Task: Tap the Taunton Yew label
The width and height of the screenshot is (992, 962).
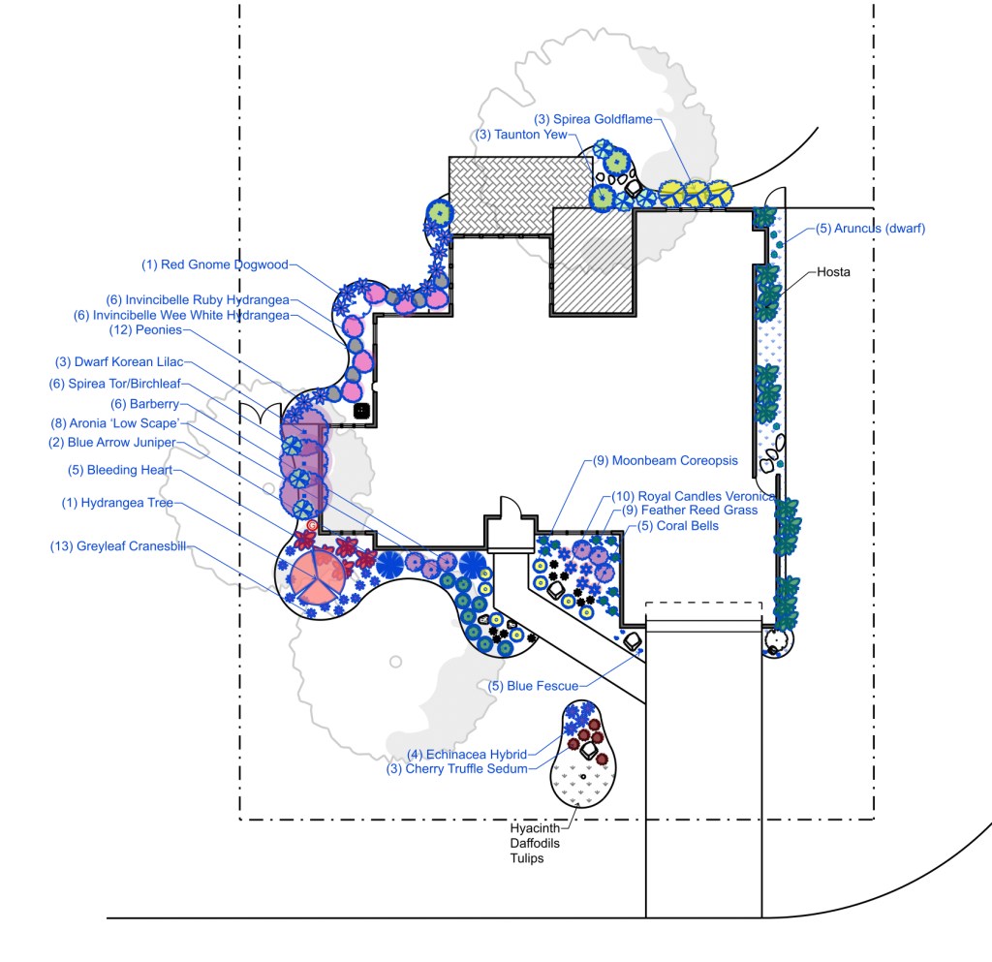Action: tap(521, 135)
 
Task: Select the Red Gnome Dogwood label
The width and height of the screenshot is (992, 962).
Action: tap(216, 264)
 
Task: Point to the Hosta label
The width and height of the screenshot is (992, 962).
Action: tap(833, 272)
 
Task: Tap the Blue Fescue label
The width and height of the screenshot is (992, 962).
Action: tap(532, 686)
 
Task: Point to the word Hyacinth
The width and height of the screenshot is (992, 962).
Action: tap(535, 829)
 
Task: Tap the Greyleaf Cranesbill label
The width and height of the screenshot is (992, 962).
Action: tap(118, 546)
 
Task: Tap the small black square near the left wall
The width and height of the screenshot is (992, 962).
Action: tap(361, 410)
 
